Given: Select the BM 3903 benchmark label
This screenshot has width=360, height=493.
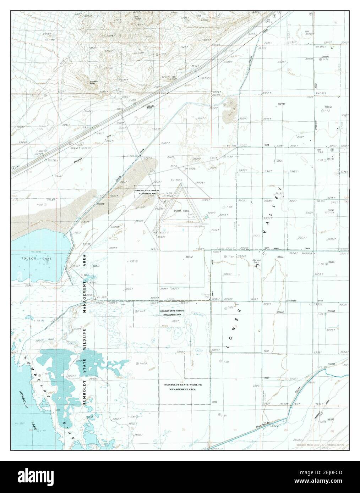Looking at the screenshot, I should (x=176, y=180).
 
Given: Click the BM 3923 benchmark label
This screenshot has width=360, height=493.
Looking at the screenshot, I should (x=320, y=93).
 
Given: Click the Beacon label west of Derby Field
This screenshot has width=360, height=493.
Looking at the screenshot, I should (x=159, y=209).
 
